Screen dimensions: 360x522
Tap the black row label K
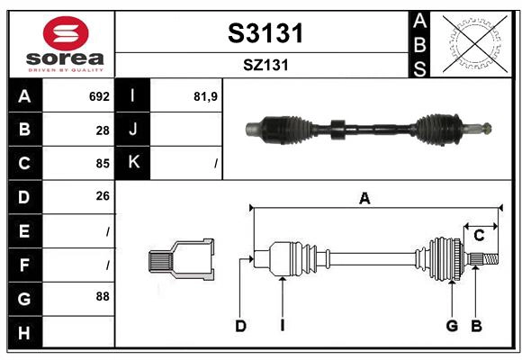point(133,163)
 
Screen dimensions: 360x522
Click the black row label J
point(133,130)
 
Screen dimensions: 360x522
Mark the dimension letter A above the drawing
point(364,199)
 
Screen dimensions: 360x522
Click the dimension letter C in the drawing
point(479,235)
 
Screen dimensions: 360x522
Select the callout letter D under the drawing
point(240,326)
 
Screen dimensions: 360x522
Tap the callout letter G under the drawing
point(452,326)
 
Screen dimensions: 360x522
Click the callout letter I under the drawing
point(282,326)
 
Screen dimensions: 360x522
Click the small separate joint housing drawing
point(181,259)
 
